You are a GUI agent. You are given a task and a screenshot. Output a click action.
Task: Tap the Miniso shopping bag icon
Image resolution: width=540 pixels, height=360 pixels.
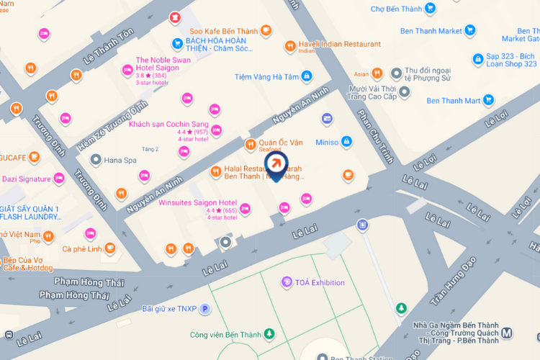346,142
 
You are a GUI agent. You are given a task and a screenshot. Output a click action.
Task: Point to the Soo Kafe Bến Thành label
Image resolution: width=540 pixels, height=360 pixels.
223,30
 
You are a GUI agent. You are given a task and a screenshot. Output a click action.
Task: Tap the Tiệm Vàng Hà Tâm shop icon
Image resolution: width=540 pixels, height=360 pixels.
307,76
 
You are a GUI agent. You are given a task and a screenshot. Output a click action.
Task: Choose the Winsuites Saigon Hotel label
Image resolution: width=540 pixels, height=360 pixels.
197,203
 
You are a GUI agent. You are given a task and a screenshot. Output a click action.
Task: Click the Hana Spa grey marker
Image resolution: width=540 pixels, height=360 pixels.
94,160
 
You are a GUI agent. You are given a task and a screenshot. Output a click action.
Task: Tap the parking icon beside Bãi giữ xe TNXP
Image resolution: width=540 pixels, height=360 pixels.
204,309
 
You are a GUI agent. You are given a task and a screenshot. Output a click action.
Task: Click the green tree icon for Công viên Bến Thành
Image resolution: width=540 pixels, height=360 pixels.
269,333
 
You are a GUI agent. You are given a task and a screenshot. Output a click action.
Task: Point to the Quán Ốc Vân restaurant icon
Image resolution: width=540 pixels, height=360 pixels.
251,144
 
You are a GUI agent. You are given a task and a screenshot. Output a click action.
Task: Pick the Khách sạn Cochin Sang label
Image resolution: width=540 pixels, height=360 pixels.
168,124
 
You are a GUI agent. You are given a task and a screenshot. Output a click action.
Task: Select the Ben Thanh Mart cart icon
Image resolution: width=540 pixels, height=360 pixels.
489,100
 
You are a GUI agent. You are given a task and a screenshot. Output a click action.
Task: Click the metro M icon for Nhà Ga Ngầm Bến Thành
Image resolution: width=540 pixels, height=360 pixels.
508,333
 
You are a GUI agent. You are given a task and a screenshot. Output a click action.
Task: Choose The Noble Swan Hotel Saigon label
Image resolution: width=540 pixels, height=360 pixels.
163,63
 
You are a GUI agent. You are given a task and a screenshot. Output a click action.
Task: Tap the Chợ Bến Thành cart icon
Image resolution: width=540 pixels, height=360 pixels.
430,9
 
